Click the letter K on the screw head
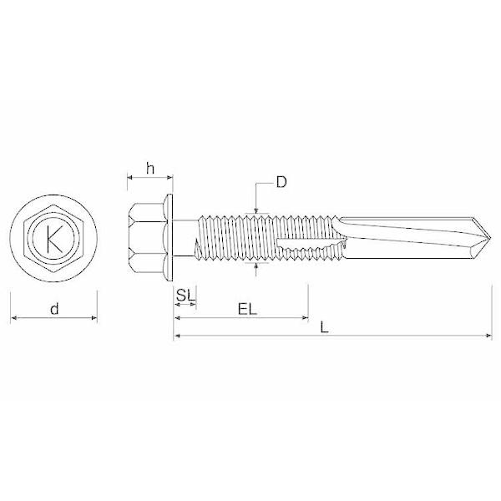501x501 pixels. tap(53, 240)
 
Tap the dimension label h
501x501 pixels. tap(150, 168)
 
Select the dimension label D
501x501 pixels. tap(281, 182)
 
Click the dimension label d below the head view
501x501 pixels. tap(54, 309)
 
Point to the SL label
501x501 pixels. tap(185, 296)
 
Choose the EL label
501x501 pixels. tap(247, 309)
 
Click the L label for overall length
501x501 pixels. tap(324, 327)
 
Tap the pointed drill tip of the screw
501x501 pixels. tap(490, 238)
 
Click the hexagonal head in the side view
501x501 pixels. tap(147, 238)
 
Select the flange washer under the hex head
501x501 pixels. tap(169, 238)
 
